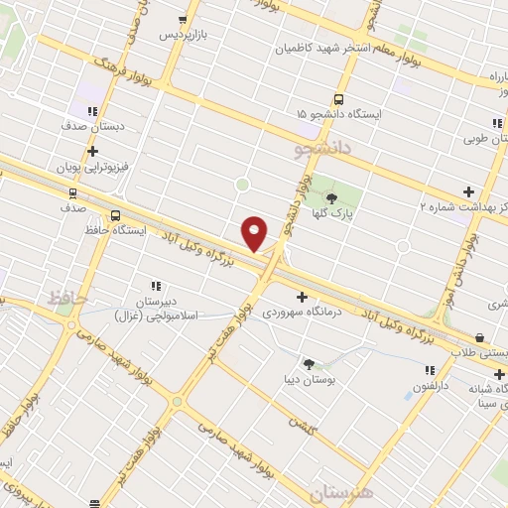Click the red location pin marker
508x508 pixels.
[x=254, y=232]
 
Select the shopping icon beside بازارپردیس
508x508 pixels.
[x=182, y=19]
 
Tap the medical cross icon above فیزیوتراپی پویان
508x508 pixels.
[x=93, y=152]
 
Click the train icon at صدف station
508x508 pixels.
[x=72, y=192]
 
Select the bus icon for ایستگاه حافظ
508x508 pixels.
[x=116, y=215]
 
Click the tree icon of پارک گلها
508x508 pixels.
[x=330, y=197]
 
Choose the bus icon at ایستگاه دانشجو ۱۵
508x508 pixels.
[x=339, y=99]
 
